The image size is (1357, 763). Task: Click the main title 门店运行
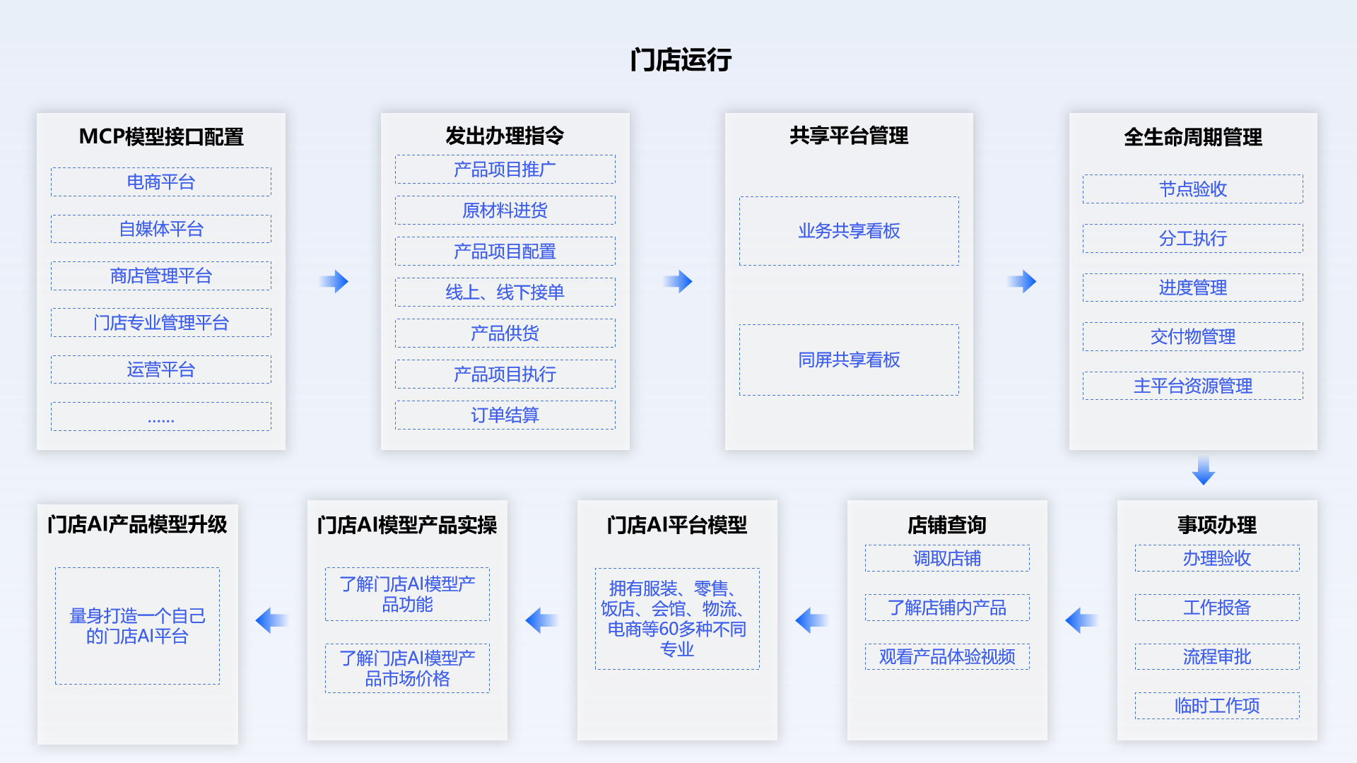pos(680,60)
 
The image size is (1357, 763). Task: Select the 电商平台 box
pos(161,182)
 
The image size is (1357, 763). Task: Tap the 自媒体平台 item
pos(161,229)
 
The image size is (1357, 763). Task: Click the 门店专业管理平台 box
pos(161,323)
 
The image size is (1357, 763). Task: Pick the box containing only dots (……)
pos(161,417)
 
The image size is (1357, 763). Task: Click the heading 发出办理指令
pos(505,136)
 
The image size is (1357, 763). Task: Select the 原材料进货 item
pos(505,211)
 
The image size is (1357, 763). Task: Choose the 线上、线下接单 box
pos(505,292)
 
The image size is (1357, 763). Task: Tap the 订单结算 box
pos(505,415)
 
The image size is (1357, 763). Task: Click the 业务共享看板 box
pos(849,231)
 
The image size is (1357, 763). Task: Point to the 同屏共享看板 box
pos(849,360)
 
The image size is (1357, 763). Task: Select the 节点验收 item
pos(1193,189)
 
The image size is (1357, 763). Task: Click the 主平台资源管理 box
pos(1193,386)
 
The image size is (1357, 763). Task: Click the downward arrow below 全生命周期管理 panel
pos(1203,471)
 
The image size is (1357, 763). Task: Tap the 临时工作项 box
pos(1217,706)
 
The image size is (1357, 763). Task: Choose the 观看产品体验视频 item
pos(947,657)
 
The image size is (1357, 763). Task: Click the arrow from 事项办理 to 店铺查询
pos(1081,620)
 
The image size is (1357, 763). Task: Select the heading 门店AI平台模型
pos(677,525)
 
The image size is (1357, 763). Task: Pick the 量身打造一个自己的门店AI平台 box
pos(137,626)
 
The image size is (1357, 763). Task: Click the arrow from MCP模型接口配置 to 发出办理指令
pos(334,281)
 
